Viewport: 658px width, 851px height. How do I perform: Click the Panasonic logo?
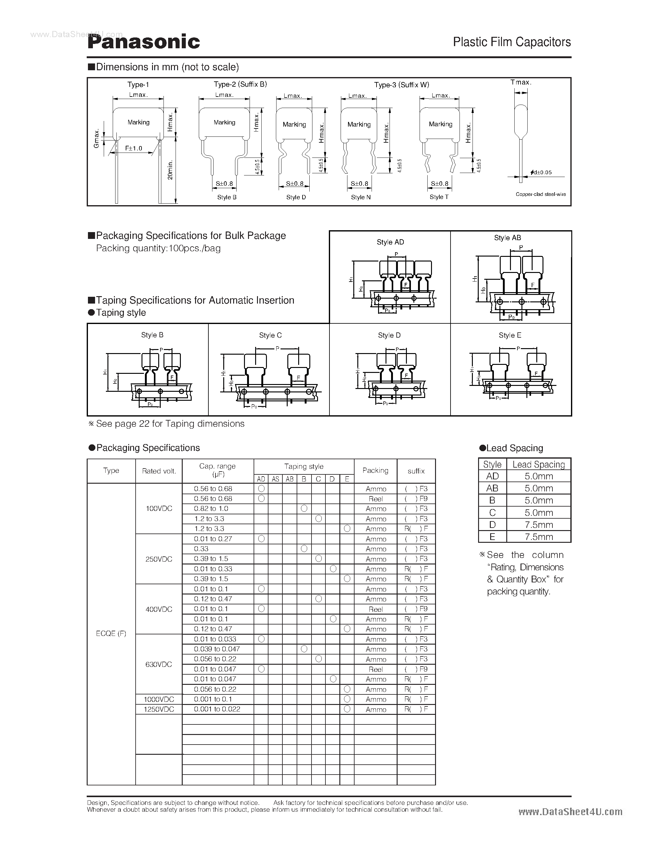point(143,42)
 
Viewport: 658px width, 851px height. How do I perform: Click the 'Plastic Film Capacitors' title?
point(512,42)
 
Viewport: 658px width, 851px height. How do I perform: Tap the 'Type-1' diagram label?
point(138,84)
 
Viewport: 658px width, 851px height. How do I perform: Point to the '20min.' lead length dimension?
point(170,170)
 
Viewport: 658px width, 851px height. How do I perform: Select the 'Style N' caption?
point(360,197)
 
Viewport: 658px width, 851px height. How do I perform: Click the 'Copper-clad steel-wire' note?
point(540,194)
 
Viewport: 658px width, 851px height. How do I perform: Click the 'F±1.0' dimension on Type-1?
point(133,148)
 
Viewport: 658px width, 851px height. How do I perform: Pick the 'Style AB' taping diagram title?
point(507,238)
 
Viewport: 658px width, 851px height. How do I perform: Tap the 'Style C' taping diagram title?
point(270,335)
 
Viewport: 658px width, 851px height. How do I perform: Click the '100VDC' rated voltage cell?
point(159,508)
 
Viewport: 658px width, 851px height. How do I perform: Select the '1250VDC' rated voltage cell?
point(159,709)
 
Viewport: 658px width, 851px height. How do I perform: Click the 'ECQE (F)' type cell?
point(111,633)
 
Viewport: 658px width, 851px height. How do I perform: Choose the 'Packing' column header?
point(375,470)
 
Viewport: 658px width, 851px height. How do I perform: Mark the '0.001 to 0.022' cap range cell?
point(217,709)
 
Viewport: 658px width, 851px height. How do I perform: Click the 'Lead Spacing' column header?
point(538,464)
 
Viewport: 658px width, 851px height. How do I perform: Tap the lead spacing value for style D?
point(538,525)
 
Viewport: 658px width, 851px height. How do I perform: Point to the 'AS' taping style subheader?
point(275,479)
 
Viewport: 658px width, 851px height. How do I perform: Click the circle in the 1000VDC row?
point(347,699)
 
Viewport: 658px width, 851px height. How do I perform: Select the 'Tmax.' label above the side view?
point(521,82)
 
